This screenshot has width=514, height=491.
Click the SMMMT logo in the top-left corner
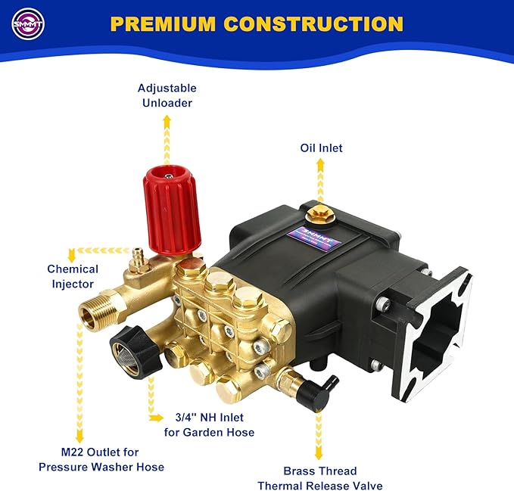28,23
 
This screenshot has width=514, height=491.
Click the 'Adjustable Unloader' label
167,95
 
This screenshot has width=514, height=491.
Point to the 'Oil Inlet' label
321,148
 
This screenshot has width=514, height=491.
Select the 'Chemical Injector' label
73,276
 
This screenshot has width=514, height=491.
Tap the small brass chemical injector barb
138,256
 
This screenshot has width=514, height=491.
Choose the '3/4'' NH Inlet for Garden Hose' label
209,424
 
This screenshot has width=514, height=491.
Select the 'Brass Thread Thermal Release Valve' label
319,478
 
